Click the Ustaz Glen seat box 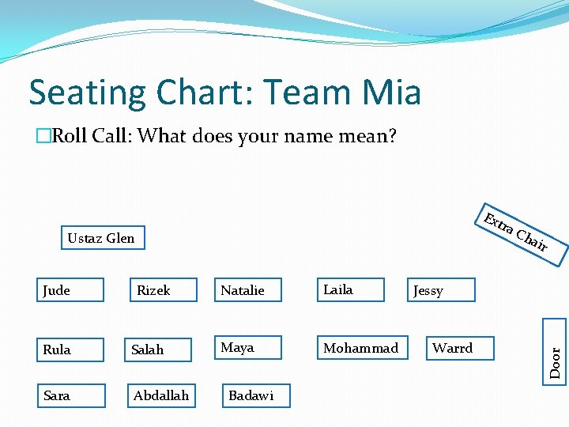click(102, 237)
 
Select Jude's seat click(71, 290)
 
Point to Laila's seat click(350, 290)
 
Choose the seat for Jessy click(442, 290)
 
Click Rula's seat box click(71, 350)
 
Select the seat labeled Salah click(160, 350)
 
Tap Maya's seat click(249, 348)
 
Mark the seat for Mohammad click(361, 348)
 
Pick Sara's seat click(72, 395)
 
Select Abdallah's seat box click(162, 395)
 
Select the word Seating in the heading click(87, 93)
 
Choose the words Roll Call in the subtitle click(92, 136)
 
